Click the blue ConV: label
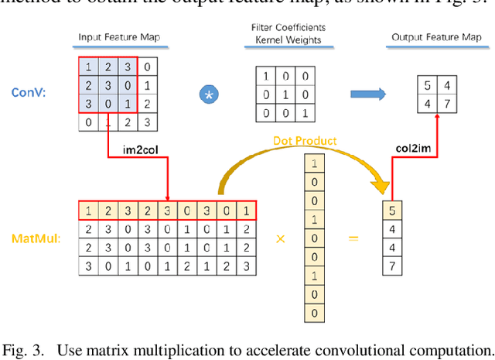click(30, 93)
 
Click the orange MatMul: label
click(32, 238)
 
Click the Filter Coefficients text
click(288, 27)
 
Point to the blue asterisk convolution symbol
click(207, 95)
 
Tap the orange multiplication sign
click(281, 239)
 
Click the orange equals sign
click(353, 239)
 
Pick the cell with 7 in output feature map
click(444, 103)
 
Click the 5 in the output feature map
click(426, 85)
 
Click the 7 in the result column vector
click(394, 266)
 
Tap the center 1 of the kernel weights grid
click(285, 94)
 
